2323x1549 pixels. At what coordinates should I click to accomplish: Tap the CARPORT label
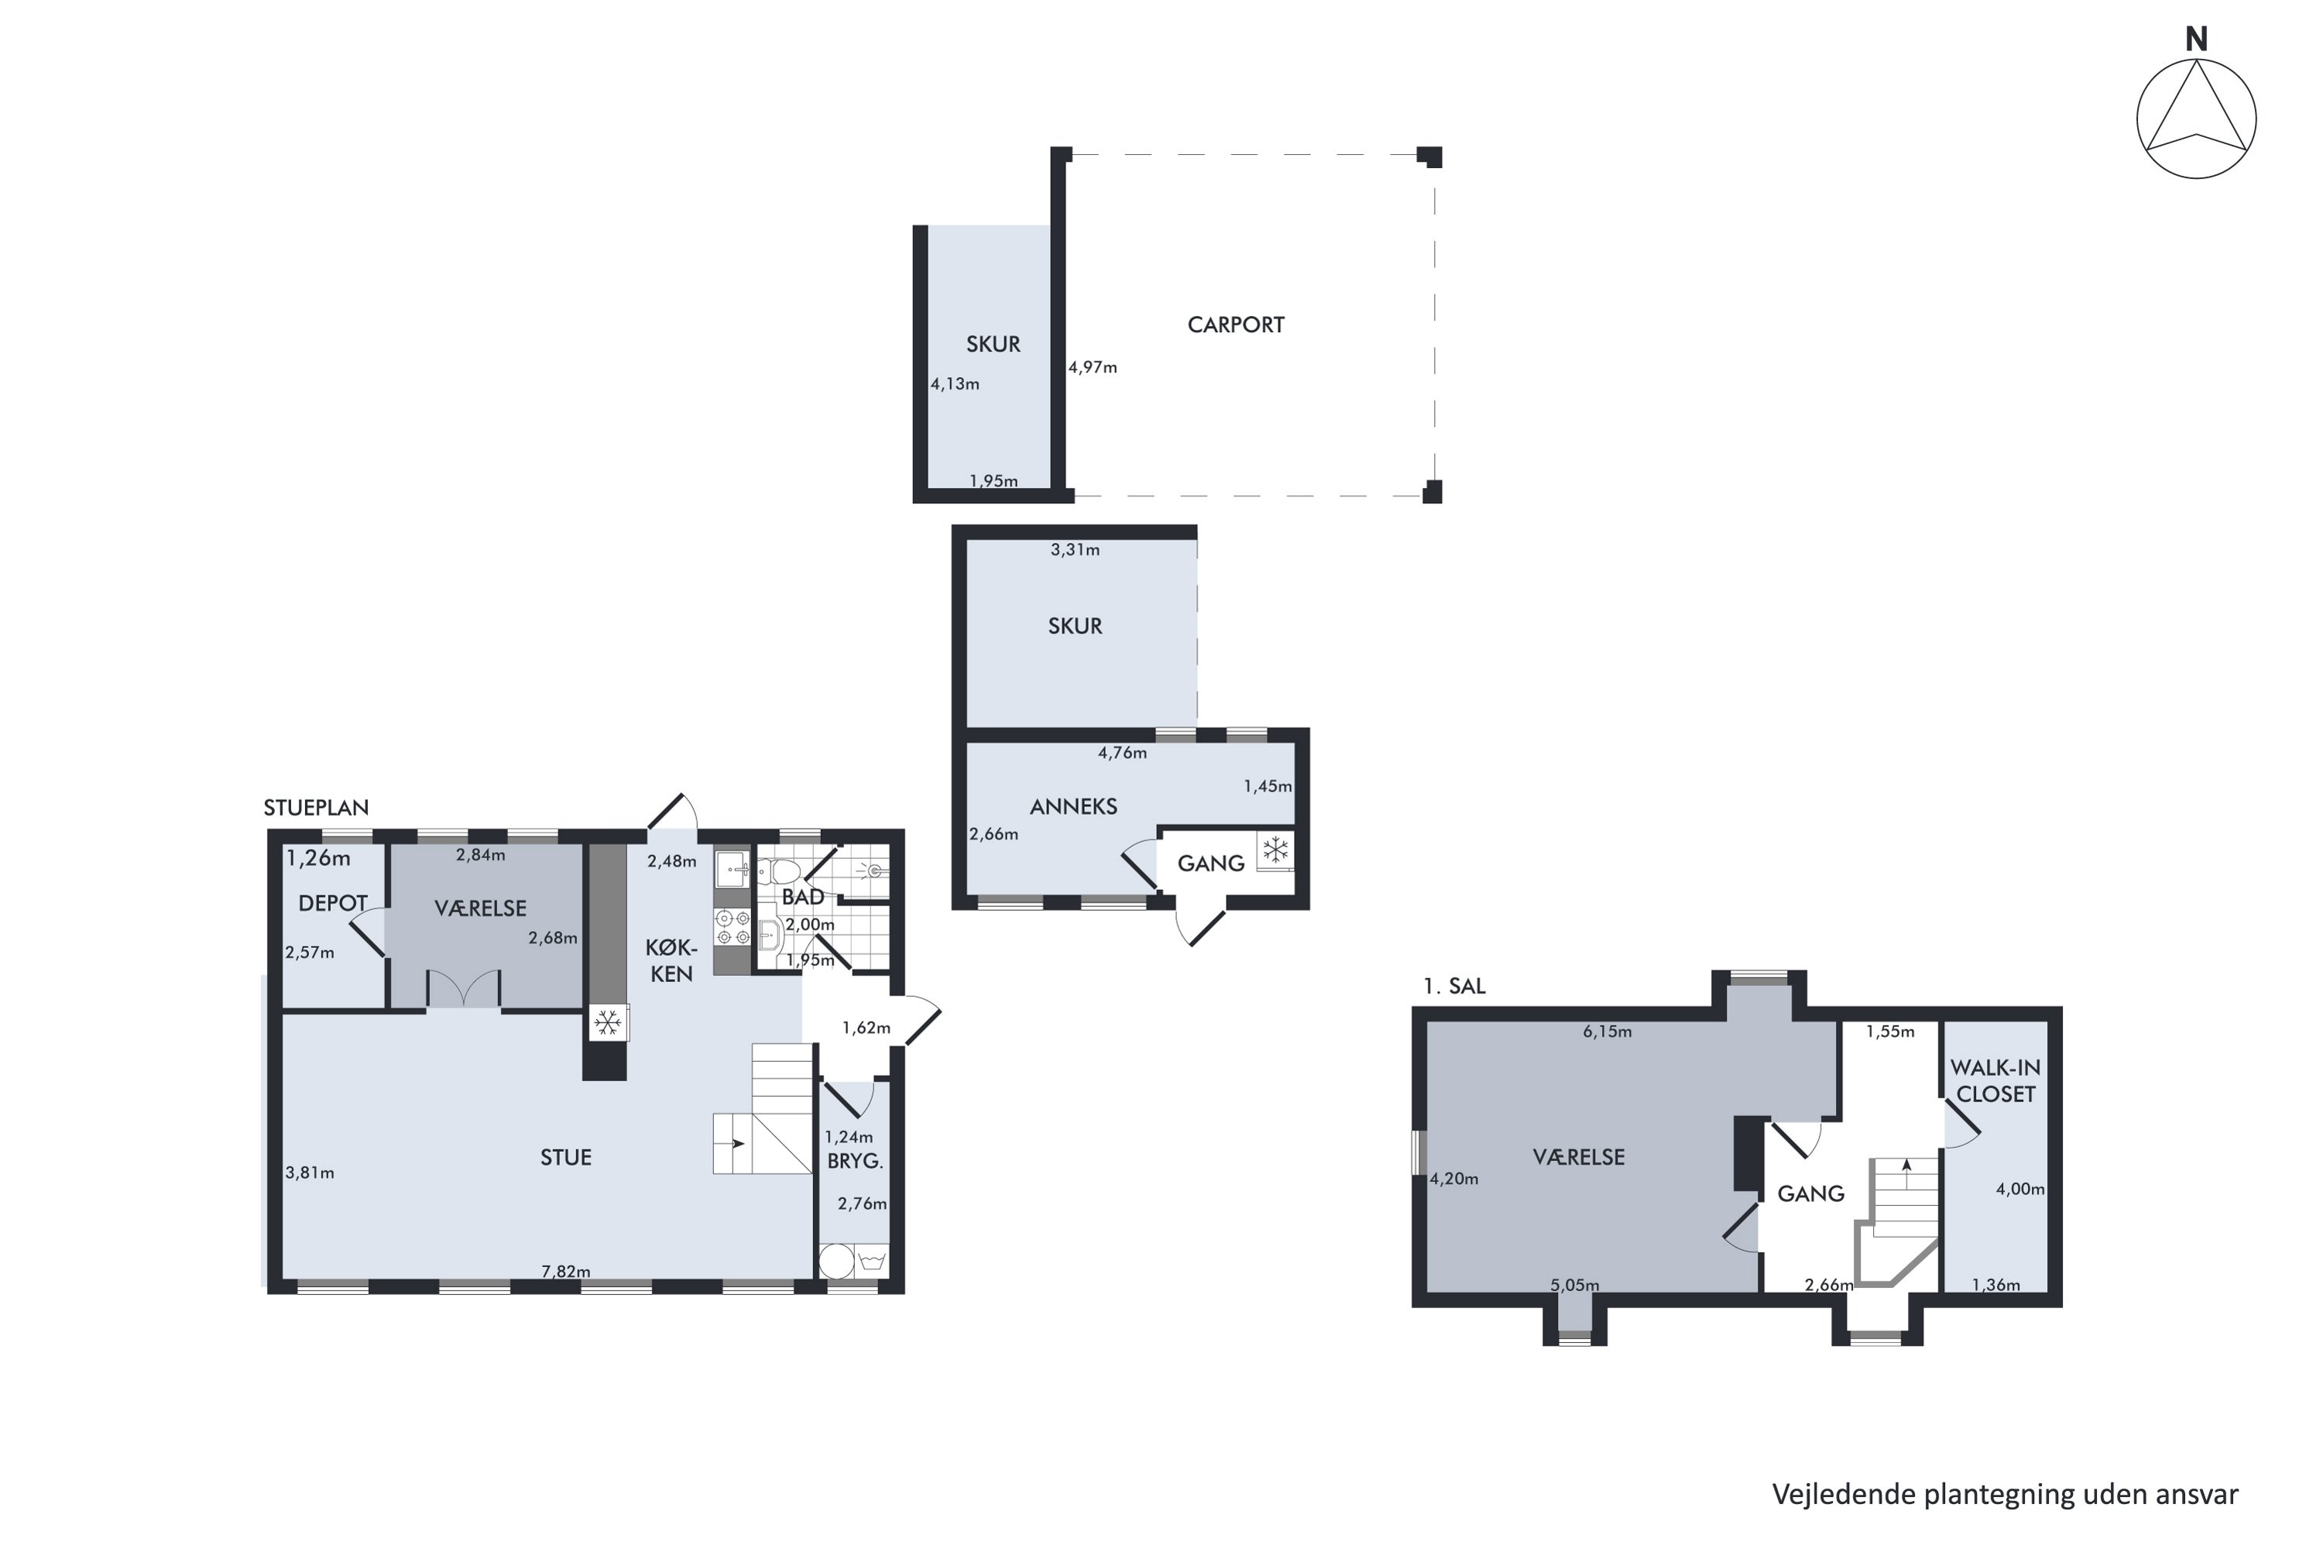1236,325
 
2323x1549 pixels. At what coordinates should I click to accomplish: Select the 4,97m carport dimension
1093,367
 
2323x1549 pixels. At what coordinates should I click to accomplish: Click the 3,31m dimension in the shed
1075,550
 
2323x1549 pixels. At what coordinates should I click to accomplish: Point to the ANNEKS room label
1073,807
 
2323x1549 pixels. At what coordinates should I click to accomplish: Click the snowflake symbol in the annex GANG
1276,850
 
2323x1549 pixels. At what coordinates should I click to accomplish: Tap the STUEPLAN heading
316,807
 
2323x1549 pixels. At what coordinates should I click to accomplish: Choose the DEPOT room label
333,903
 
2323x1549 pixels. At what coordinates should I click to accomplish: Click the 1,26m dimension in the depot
318,858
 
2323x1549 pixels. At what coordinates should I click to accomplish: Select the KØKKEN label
671,960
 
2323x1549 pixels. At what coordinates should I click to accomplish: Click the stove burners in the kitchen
732,926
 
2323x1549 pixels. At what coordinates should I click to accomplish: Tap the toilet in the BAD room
781,871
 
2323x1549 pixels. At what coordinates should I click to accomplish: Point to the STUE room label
566,1158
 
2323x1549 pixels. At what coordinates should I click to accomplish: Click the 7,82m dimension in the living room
566,1272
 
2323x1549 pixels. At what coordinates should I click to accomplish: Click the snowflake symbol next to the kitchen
609,1022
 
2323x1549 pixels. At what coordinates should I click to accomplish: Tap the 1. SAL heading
1454,986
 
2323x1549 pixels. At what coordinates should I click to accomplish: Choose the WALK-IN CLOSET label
1995,1080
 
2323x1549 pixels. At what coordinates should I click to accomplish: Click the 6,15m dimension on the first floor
1607,1032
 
